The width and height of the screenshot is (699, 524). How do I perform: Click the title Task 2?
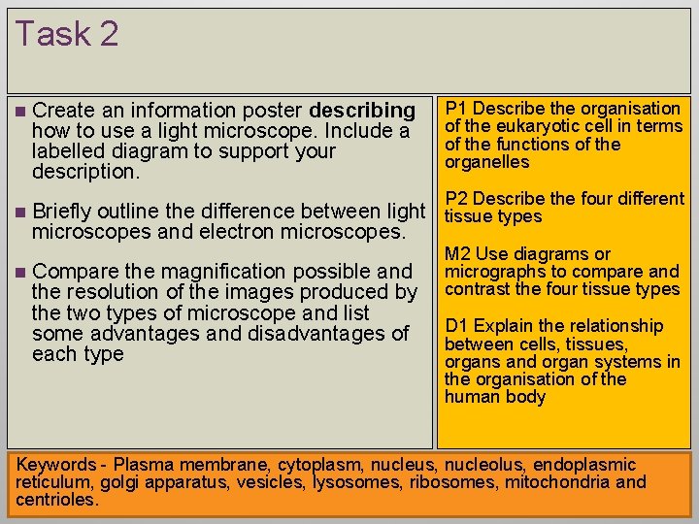coord(66,34)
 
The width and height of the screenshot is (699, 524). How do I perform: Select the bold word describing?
coord(362,111)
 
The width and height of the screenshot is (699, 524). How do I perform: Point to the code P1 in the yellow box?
coord(456,109)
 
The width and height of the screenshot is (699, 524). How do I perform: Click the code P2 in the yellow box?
coord(456,199)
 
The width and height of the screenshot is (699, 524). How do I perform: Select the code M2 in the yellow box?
coord(457,254)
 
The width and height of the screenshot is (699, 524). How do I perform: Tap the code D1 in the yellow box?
coord(456,326)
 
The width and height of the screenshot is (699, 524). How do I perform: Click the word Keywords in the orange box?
coord(55,465)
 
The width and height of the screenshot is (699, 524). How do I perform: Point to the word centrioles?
coord(56,501)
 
